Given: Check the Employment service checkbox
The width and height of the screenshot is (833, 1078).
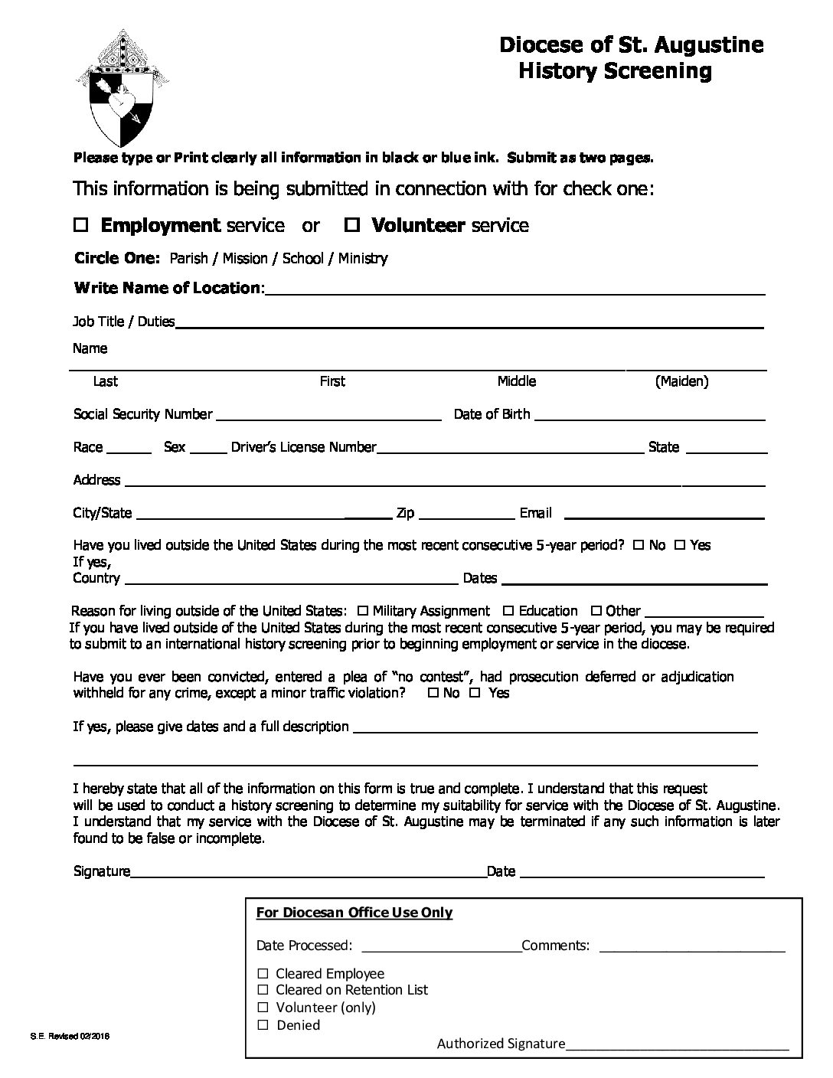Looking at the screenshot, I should [x=82, y=225].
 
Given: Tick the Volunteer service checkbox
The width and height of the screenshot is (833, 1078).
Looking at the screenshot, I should [x=352, y=225].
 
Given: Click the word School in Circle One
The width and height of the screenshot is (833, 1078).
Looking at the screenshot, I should [x=302, y=259].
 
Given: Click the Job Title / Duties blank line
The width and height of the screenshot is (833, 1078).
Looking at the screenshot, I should [x=469, y=323].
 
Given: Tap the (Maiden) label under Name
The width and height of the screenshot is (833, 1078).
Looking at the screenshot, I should [x=681, y=381].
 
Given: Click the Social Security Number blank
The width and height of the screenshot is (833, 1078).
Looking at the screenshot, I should [x=329, y=416].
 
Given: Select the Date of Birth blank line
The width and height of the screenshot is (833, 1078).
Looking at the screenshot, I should [x=648, y=416].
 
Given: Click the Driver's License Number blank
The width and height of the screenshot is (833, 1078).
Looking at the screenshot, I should [x=510, y=449].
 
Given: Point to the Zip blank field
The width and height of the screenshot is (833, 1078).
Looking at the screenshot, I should [x=467, y=514].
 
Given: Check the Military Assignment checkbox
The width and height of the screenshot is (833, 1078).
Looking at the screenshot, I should [x=363, y=611].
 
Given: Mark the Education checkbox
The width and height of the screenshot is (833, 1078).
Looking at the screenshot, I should [x=508, y=611].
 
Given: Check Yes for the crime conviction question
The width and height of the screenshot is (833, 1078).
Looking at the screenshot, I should [x=475, y=693].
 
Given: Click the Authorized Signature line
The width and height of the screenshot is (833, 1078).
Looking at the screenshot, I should [x=677, y=1045].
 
